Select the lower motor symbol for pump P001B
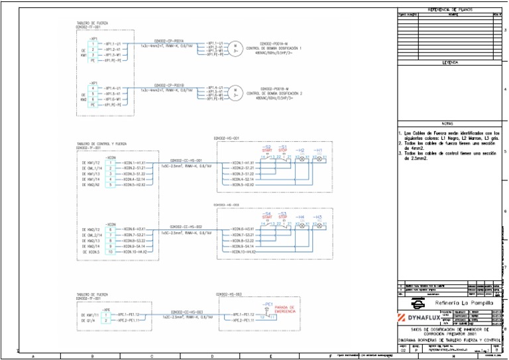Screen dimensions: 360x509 [235, 93]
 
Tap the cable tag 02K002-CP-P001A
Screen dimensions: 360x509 [168, 40]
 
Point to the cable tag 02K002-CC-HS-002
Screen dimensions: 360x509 [186, 227]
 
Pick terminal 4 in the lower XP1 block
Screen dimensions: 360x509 [93, 88]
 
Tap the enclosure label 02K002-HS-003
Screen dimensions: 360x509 [229, 293]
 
